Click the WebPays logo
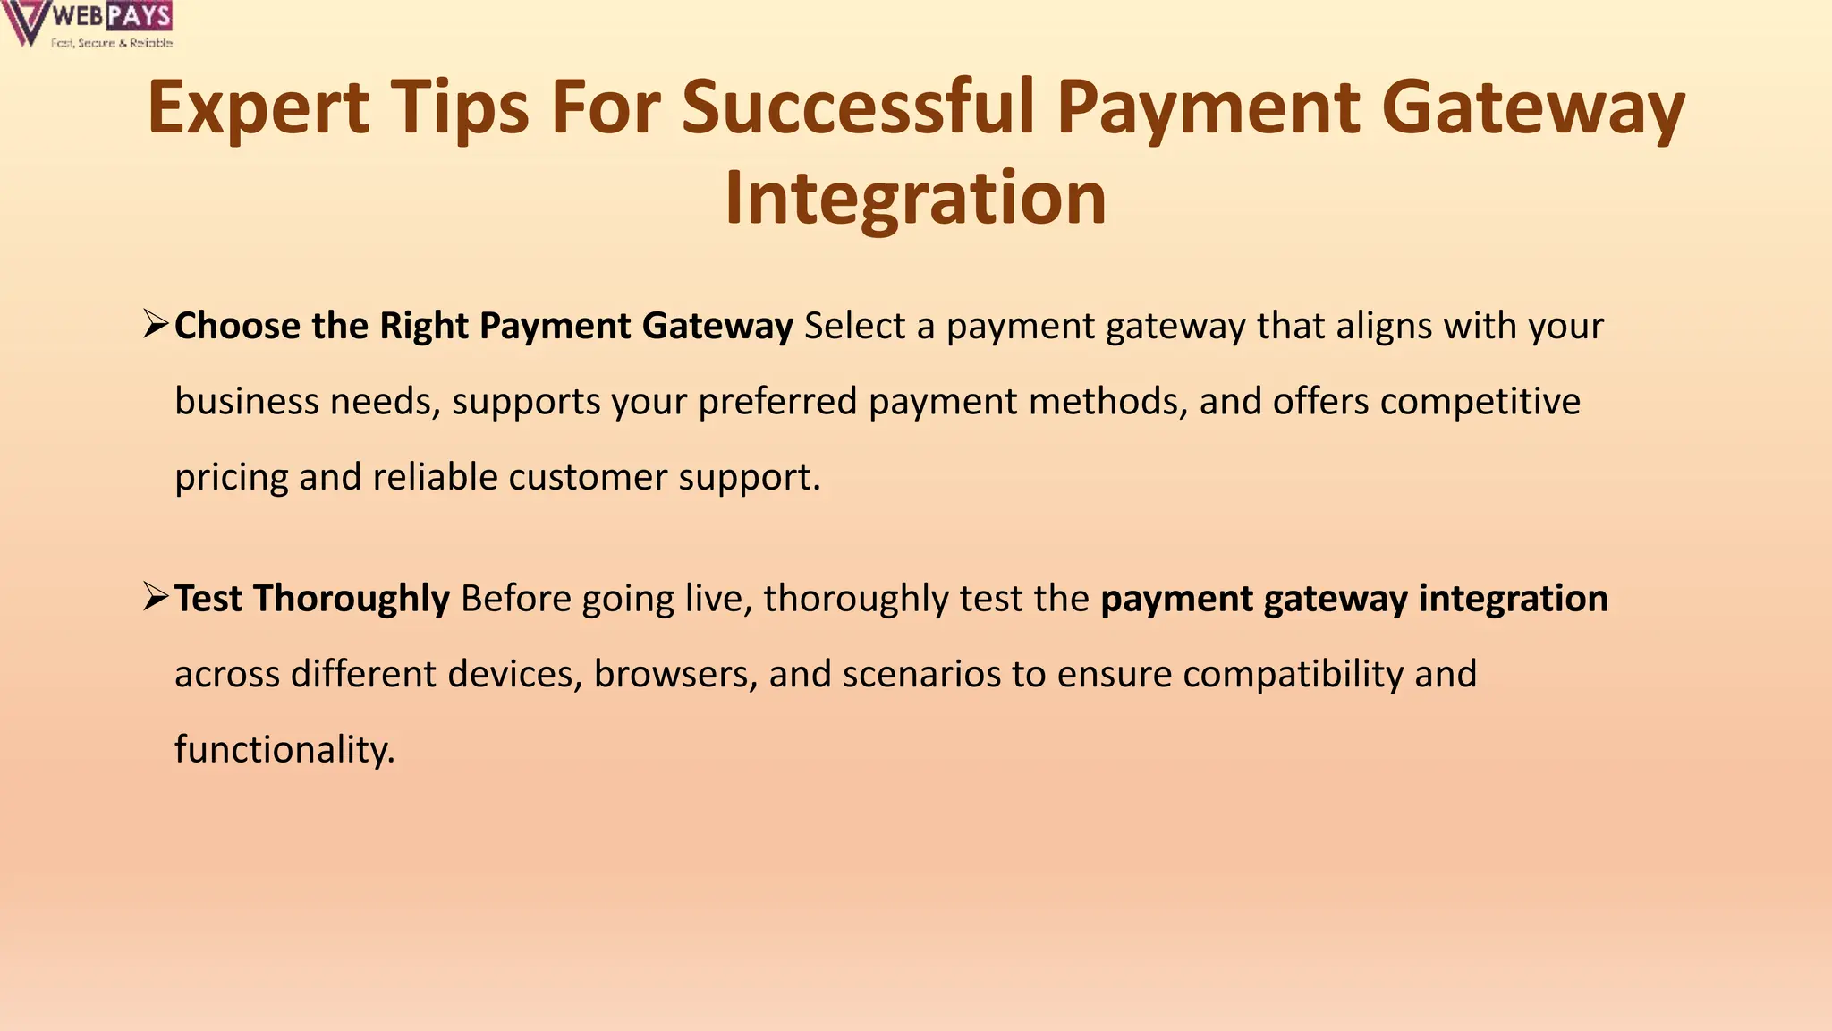click(x=88, y=24)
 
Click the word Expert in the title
click(x=258, y=107)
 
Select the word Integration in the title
click(x=915, y=199)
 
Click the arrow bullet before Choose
click(x=156, y=323)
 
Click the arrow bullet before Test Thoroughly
click(x=156, y=596)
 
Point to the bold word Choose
click(x=237, y=326)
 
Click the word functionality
click(x=284, y=750)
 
